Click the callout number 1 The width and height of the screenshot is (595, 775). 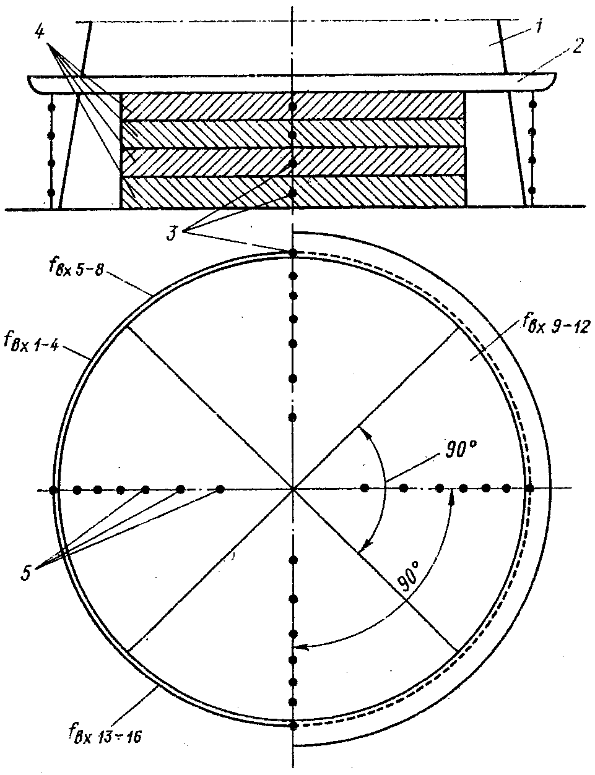click(x=539, y=28)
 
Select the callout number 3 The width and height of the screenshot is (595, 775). click(x=175, y=233)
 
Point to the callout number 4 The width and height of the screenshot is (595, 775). click(x=39, y=32)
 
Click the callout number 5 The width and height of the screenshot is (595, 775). click(x=27, y=572)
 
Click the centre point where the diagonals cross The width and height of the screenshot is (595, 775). click(x=292, y=489)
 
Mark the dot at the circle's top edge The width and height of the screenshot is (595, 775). click(x=293, y=252)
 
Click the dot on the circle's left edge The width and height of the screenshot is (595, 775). click(x=54, y=490)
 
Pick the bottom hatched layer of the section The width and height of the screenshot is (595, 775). click(x=292, y=192)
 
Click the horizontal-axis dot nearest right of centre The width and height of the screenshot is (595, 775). click(x=365, y=489)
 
